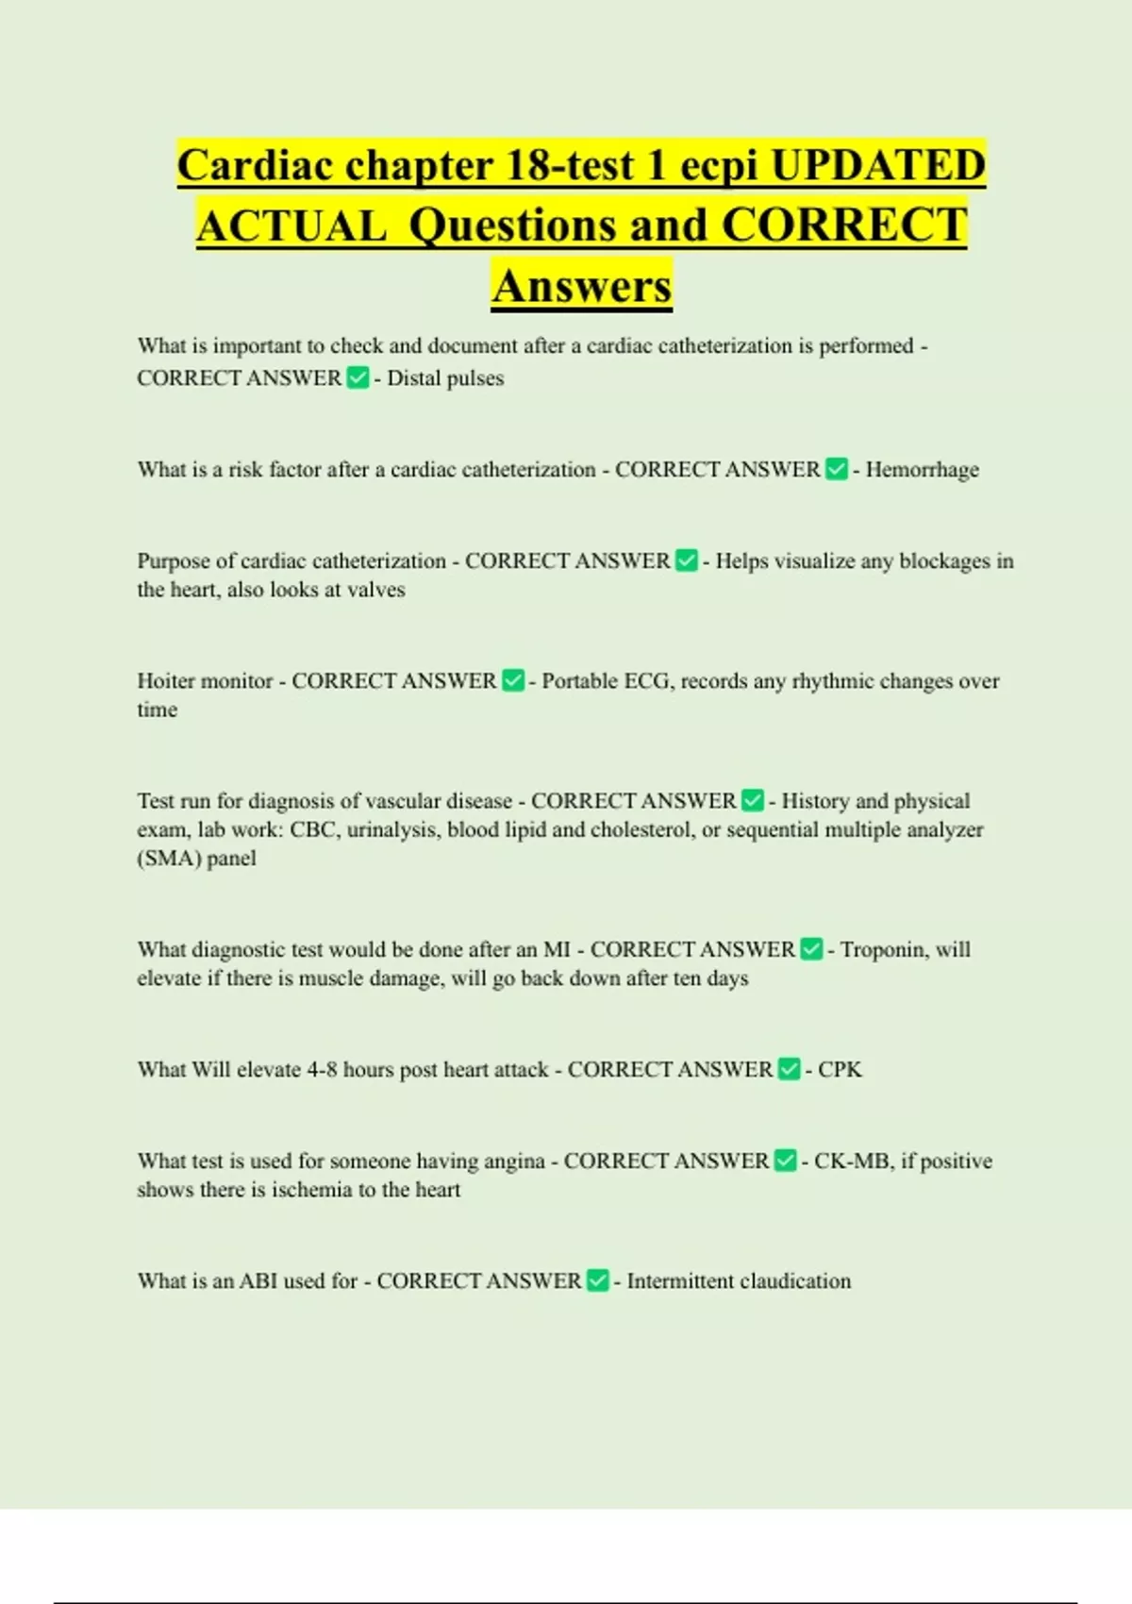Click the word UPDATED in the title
(877, 165)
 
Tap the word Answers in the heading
(581, 286)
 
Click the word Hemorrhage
(922, 470)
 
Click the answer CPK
(840, 1070)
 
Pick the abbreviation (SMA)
(169, 859)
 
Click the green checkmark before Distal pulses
(358, 378)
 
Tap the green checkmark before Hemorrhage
(836, 470)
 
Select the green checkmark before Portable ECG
(512, 681)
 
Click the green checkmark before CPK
(789, 1070)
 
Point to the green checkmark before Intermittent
(597, 1281)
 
